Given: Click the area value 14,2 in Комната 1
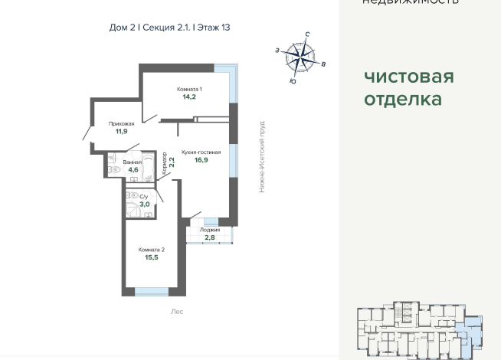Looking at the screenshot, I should point(189,97).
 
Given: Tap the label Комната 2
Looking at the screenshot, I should point(151,250).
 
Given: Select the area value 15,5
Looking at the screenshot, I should point(151,258).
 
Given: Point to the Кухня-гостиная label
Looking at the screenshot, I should point(201,152).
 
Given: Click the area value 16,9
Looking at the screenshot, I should point(201,161).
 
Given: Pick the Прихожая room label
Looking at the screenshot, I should point(121,123).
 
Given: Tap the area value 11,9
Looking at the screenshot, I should point(121,132).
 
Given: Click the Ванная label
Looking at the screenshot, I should point(133,162).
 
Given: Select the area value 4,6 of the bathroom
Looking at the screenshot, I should point(133,170).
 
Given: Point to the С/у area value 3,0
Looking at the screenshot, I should point(144,205).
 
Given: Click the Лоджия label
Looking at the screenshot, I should point(209,230).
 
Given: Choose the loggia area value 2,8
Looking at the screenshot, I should point(209,238).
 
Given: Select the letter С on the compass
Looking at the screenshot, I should point(307,34).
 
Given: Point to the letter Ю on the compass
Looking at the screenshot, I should point(293,80).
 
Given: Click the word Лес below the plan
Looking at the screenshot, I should point(177,312).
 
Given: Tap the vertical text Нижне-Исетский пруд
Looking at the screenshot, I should point(262,156).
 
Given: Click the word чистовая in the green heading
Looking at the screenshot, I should point(408,77).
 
